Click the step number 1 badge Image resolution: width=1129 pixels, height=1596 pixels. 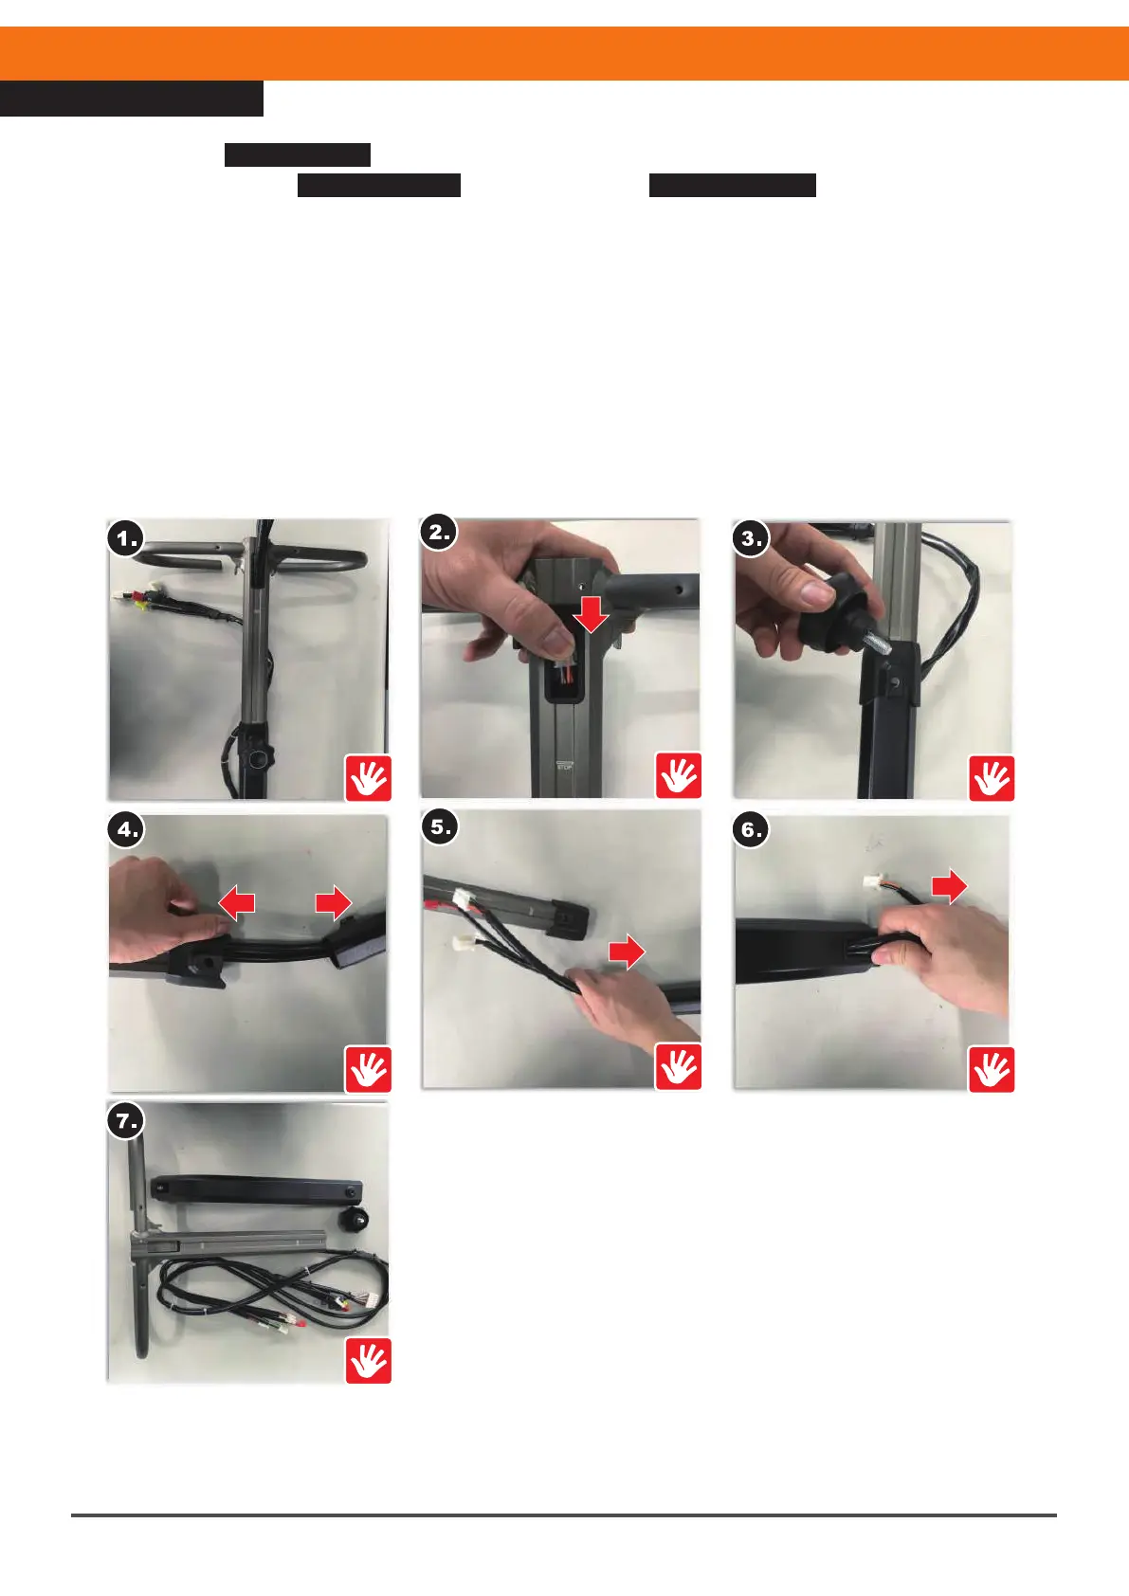(126, 538)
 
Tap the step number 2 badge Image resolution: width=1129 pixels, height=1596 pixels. (438, 533)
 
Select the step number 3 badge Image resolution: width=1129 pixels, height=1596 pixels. (751, 538)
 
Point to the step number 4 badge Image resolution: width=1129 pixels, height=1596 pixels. (127, 830)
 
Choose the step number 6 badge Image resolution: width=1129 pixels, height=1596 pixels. (751, 830)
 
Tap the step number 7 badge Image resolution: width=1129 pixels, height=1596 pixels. (126, 1121)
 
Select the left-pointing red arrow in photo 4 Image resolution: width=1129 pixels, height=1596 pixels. (236, 903)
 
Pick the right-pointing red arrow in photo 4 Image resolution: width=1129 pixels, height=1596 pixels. (333, 903)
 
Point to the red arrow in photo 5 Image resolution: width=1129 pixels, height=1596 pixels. (627, 952)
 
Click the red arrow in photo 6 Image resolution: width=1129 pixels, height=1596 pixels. (950, 886)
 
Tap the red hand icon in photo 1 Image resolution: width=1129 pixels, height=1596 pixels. (369, 777)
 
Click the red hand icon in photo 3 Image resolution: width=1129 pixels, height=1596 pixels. (992, 777)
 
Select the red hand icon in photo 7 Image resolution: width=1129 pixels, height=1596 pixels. (369, 1360)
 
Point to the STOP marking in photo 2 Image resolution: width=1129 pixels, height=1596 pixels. (564, 766)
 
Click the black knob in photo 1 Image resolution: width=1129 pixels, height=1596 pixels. (254, 757)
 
